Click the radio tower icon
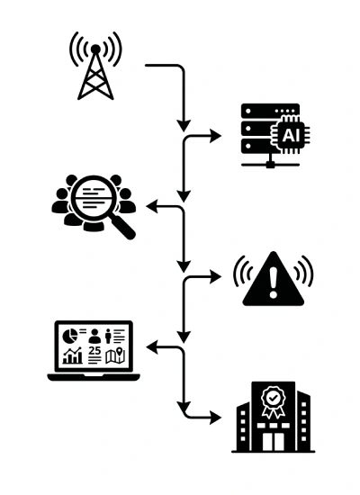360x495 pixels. tap(95, 66)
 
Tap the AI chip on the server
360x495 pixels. tap(290, 135)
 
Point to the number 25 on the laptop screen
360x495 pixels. tap(94, 350)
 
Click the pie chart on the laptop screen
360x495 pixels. tap(70, 336)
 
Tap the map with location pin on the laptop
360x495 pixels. tap(115, 355)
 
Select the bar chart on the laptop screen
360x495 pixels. tap(73, 355)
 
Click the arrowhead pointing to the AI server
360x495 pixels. tap(216, 137)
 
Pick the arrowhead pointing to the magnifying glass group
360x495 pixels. tap(152, 206)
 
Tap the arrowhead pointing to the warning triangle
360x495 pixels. tap(216, 277)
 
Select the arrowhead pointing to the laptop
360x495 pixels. tap(152, 347)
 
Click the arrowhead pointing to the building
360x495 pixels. tap(216, 418)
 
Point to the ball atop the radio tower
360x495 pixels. tap(95, 49)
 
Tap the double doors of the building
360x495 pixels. tap(274, 442)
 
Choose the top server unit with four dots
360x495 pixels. tap(270, 111)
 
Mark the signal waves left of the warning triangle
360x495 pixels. tap(242, 272)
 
